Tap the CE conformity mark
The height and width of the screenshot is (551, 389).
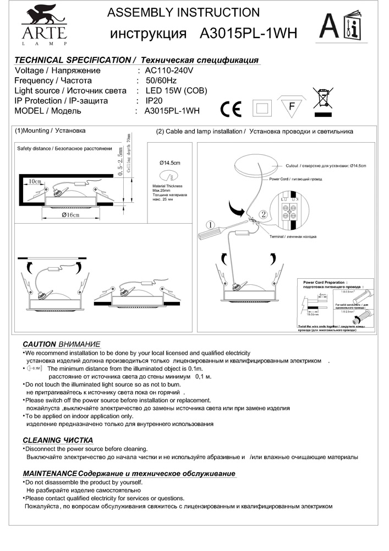tap(231, 109)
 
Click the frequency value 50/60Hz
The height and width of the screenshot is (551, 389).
tap(165, 81)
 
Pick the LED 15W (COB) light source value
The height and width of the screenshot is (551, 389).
tap(176, 91)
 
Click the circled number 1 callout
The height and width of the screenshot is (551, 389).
tap(210, 225)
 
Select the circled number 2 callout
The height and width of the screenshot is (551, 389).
tap(264, 213)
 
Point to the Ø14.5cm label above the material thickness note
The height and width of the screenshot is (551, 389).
tap(170, 163)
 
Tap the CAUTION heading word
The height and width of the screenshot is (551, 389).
tap(39, 343)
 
